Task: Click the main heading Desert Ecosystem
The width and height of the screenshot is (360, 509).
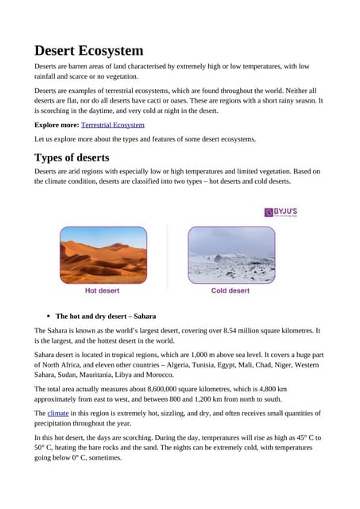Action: click(x=88, y=51)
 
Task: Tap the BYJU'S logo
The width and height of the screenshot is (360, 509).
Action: click(x=281, y=212)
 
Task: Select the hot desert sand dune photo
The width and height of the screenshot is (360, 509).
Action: click(x=103, y=254)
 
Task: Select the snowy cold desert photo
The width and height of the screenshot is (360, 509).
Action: click(x=230, y=254)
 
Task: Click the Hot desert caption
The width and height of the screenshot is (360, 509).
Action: click(x=103, y=290)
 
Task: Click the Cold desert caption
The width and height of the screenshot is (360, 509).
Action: click(x=230, y=290)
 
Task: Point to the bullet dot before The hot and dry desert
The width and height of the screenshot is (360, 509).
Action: click(x=48, y=316)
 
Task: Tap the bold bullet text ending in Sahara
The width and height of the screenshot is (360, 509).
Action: click(x=111, y=316)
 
